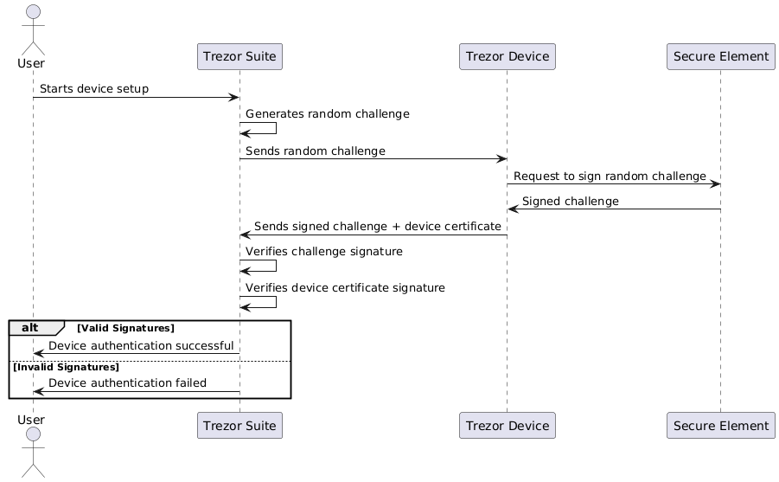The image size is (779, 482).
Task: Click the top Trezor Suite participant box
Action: pyautogui.click(x=239, y=57)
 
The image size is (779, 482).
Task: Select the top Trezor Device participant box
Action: pyautogui.click(x=507, y=57)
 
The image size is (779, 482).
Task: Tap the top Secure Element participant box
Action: pyautogui.click(x=720, y=57)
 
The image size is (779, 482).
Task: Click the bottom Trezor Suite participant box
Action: pyautogui.click(x=239, y=426)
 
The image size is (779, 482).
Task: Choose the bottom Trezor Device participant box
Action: pyautogui.click(x=507, y=426)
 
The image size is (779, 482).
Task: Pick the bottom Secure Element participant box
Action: pyautogui.click(x=720, y=426)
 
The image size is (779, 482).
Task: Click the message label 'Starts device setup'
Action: pyautogui.click(x=93, y=89)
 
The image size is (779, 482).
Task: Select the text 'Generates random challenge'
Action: pyautogui.click(x=327, y=114)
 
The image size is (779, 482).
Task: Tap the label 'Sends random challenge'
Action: pyautogui.click(x=315, y=151)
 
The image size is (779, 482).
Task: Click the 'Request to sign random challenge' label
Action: pyautogui.click(x=609, y=176)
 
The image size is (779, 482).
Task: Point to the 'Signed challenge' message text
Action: pyautogui.click(x=570, y=201)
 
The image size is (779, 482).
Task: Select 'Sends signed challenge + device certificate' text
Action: pyautogui.click(x=377, y=226)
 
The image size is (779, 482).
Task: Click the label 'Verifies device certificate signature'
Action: pyautogui.click(x=345, y=287)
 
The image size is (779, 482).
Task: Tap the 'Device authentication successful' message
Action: pyautogui.click(x=141, y=345)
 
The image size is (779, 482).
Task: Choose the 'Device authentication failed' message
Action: pyautogui.click(x=127, y=382)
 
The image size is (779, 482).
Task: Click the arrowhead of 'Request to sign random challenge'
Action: pyautogui.click(x=715, y=183)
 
